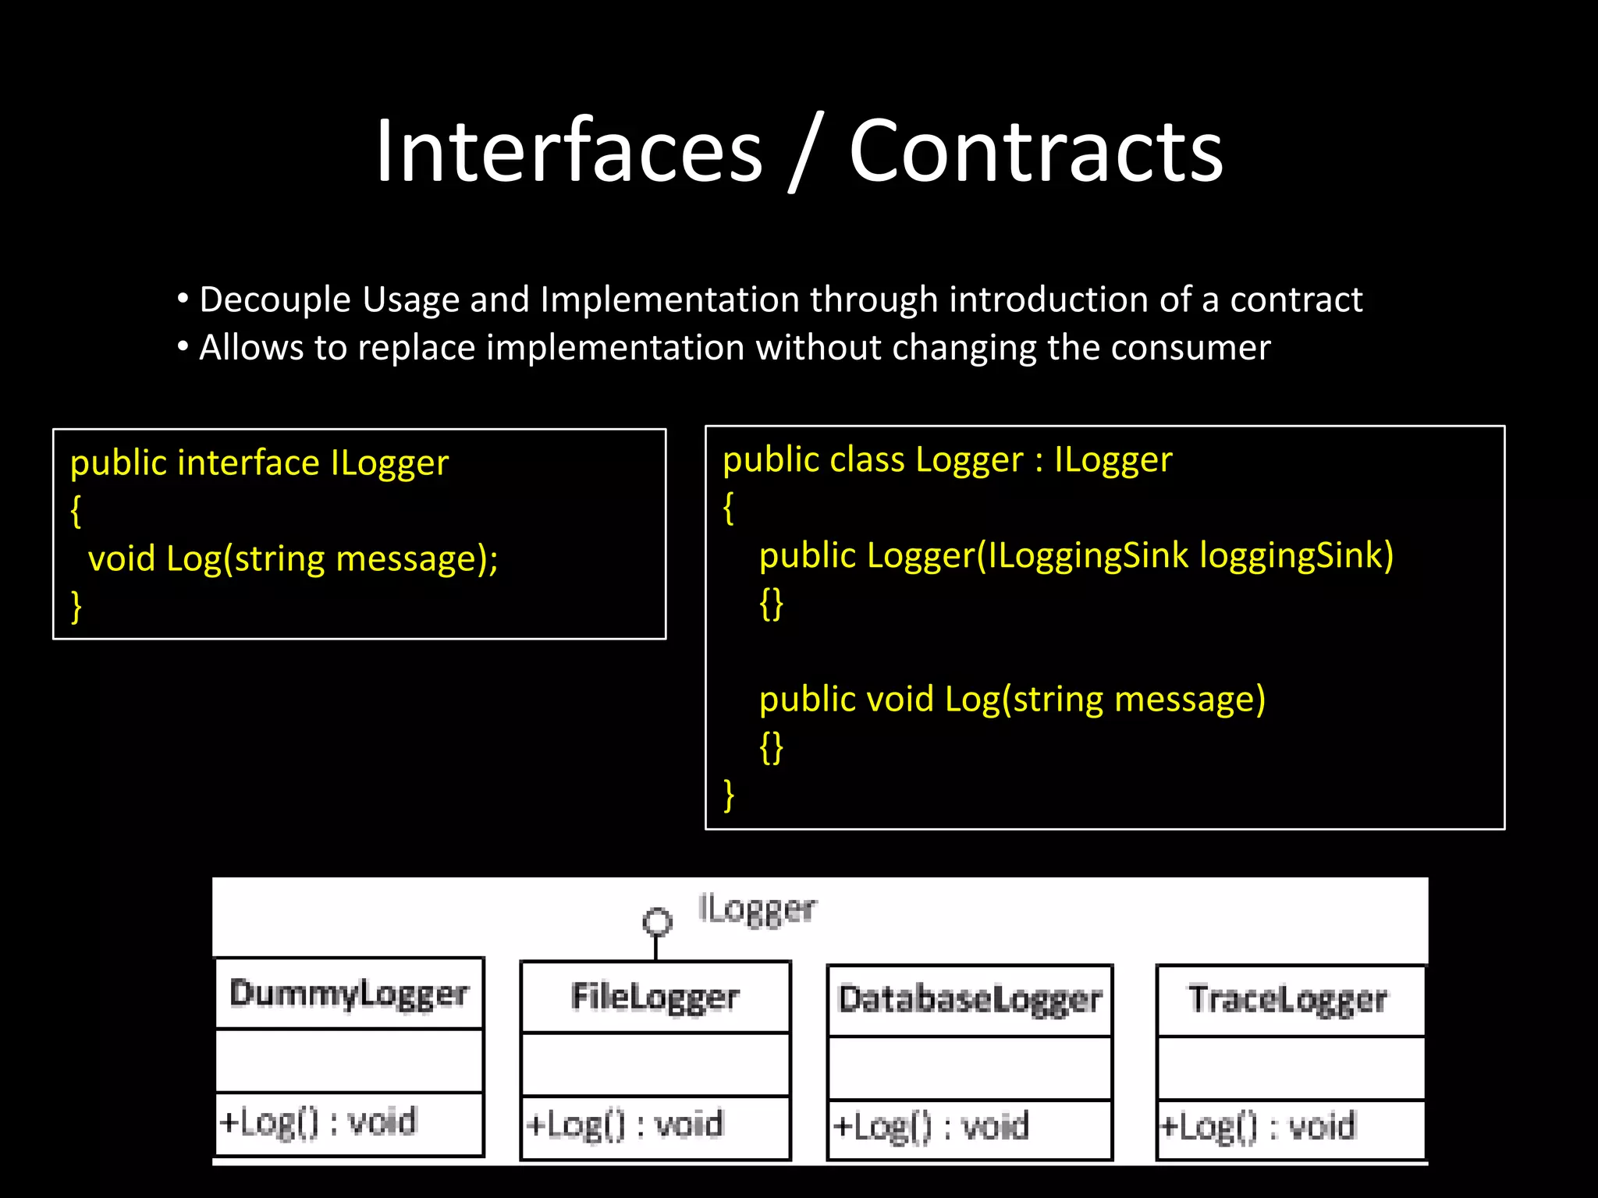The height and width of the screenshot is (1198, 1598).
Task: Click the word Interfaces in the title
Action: (x=568, y=151)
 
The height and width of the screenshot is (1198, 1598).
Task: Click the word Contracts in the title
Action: (x=1035, y=151)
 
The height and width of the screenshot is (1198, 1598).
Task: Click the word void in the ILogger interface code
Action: (x=121, y=559)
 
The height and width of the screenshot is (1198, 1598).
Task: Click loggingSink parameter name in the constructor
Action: (x=1295, y=555)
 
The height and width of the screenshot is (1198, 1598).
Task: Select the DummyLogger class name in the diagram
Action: (x=349, y=994)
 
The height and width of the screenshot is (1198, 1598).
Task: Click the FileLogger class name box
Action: (x=655, y=997)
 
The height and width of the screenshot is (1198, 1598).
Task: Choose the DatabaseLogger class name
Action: (x=969, y=1000)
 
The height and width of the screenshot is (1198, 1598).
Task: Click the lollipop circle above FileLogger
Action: (x=657, y=922)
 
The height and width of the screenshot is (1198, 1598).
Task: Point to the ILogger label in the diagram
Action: (x=757, y=909)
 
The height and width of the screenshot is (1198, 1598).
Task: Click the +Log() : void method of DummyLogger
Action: (x=318, y=1122)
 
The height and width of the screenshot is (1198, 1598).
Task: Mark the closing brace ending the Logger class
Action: (x=729, y=796)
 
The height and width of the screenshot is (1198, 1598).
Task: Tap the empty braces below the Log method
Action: (x=771, y=747)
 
